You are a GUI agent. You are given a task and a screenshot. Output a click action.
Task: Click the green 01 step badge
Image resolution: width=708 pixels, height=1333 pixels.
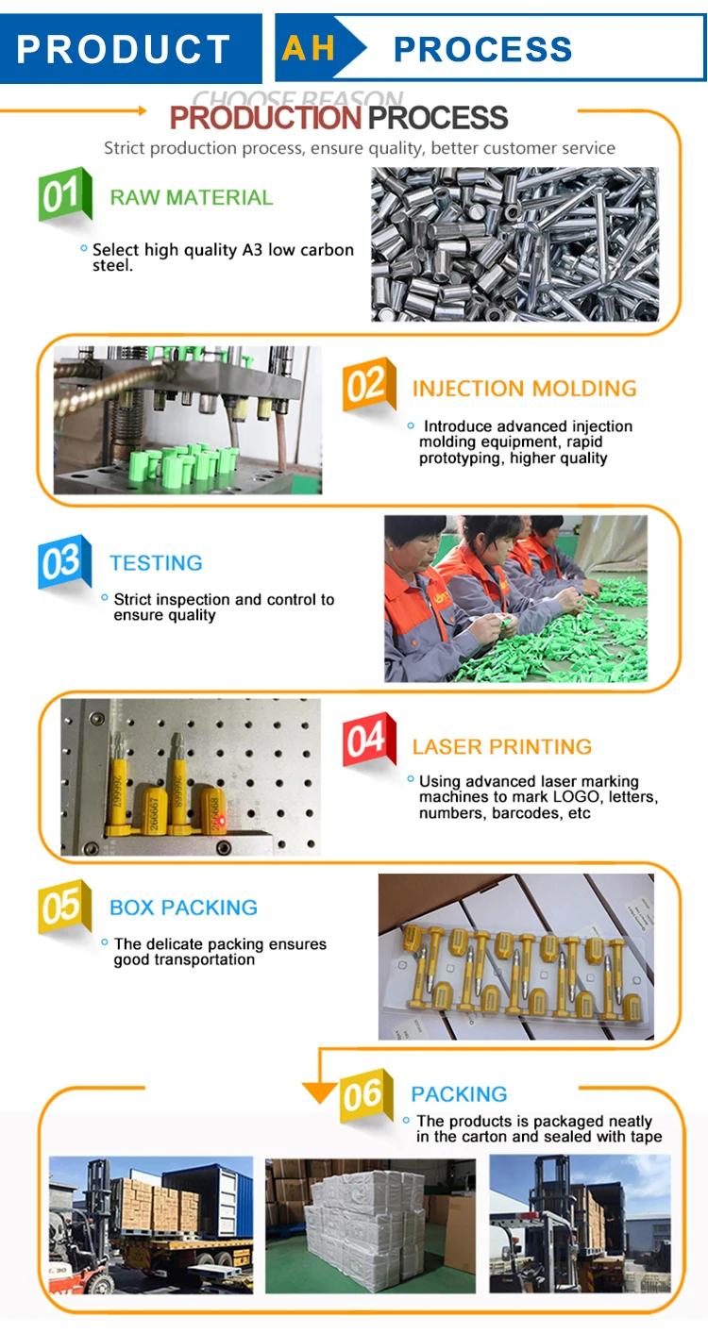(x=65, y=194)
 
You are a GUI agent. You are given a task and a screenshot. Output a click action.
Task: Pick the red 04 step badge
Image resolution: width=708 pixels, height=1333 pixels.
(x=369, y=739)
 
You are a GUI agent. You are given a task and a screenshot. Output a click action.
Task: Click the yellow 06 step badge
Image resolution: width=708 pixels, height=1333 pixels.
(x=366, y=1095)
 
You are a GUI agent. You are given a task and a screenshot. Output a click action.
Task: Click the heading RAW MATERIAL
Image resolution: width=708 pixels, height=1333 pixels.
(x=191, y=197)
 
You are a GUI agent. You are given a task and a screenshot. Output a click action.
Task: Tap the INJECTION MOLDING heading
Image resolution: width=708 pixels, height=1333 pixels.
(x=524, y=389)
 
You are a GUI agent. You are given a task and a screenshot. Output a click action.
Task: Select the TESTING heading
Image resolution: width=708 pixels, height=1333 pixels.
(x=156, y=563)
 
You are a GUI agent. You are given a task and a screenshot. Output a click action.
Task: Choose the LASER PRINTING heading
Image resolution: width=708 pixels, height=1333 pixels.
(x=502, y=747)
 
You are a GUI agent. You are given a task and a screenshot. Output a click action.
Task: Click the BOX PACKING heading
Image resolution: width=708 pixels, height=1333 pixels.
(x=183, y=908)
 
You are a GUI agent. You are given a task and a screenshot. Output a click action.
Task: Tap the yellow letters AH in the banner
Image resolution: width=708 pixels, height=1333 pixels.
(x=309, y=48)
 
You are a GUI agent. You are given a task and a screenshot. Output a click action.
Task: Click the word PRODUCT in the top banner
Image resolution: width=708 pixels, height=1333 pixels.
(x=124, y=49)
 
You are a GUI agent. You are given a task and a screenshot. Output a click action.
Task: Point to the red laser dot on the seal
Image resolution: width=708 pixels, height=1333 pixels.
(x=222, y=822)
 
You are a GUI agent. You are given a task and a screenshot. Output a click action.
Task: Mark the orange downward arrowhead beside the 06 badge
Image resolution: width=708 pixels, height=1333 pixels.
(x=320, y=1092)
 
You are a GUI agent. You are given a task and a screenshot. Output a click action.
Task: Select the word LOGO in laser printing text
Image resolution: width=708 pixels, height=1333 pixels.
(x=576, y=797)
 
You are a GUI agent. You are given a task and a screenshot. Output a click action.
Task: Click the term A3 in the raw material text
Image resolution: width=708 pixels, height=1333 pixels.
(x=252, y=250)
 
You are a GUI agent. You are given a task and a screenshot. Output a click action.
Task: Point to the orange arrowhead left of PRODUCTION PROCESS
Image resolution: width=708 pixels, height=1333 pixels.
(x=143, y=110)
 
